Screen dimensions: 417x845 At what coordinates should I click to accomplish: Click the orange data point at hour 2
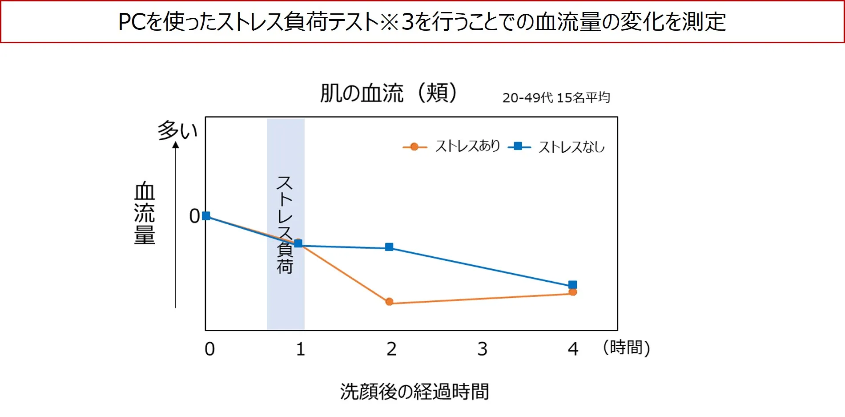pos(390,302)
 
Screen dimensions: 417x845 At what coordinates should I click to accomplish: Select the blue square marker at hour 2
pos(389,247)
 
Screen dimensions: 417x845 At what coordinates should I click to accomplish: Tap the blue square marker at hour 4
pos(573,285)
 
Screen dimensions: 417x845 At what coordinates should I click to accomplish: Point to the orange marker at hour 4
pos(573,292)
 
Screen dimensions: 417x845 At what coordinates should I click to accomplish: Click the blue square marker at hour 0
pos(206,216)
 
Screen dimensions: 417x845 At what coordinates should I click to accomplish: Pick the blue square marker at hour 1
pos(298,243)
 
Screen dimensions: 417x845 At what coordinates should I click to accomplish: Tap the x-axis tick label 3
pos(483,349)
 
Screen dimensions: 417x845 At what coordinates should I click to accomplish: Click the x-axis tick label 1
pos(301,349)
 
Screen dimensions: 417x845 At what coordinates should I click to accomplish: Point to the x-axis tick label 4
pos(573,349)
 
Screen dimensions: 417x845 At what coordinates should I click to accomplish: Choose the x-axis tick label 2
pos(391,349)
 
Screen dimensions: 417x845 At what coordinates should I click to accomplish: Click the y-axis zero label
pos(194,216)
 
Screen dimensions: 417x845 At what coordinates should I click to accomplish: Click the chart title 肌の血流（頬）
pos(388,93)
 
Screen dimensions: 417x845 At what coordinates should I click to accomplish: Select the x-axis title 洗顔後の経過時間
pos(414,392)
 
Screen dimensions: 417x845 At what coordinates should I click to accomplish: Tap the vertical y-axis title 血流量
pos(145,213)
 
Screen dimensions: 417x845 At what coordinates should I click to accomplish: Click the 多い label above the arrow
pos(177,130)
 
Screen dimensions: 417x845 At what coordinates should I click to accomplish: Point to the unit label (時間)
pos(626,348)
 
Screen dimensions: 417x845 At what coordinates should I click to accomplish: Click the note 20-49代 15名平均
pos(556,97)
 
